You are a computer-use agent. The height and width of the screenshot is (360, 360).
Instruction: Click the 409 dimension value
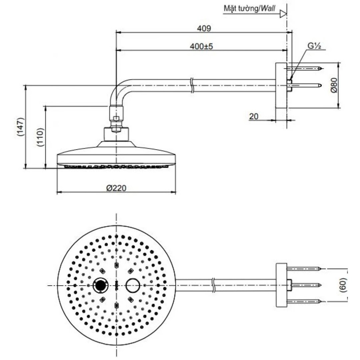(x=204, y=28)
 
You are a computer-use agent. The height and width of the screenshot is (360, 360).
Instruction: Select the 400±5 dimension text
(x=201, y=46)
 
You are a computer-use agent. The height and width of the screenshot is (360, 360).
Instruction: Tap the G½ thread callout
(x=314, y=46)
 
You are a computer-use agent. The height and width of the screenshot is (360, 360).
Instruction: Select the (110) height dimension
(x=40, y=137)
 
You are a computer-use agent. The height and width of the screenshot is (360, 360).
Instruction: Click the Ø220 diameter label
(x=116, y=188)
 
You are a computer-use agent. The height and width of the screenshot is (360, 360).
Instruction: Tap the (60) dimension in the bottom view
(x=343, y=285)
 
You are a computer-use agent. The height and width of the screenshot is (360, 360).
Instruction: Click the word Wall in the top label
(x=268, y=9)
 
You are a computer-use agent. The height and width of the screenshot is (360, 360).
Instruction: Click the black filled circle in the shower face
(x=100, y=286)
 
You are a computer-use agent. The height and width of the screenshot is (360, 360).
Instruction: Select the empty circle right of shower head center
(x=133, y=286)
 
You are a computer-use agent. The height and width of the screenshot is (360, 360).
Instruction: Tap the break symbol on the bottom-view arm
(x=213, y=285)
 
